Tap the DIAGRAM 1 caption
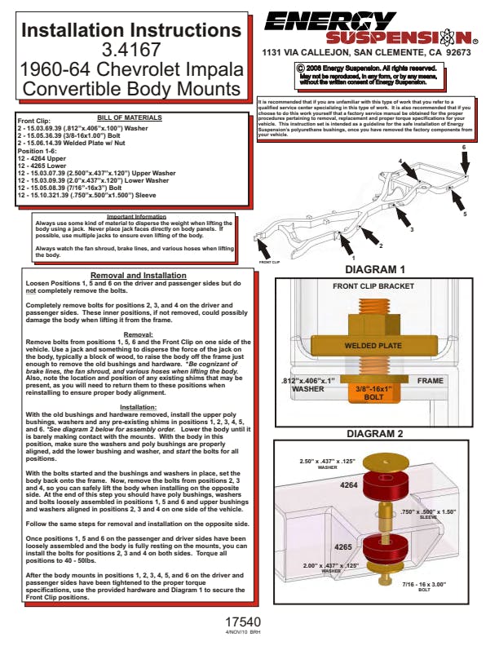point(375,269)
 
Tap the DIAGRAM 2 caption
point(375,433)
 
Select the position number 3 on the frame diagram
point(412,229)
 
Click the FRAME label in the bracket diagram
point(430,381)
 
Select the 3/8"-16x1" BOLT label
point(377,393)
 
